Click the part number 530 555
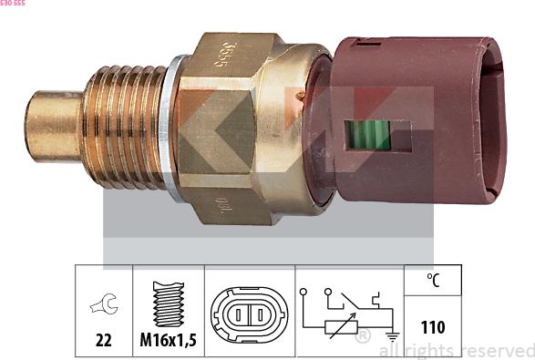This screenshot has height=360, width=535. tap(13, 4)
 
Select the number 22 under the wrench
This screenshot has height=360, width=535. tap(103, 340)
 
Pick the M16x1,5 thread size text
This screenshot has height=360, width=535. tap(169, 340)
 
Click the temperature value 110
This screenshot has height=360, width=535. tap(433, 326)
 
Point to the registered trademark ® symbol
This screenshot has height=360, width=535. tap(362, 337)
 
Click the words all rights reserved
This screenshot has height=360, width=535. tap(456, 350)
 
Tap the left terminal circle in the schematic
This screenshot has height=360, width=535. tap(304, 293)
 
